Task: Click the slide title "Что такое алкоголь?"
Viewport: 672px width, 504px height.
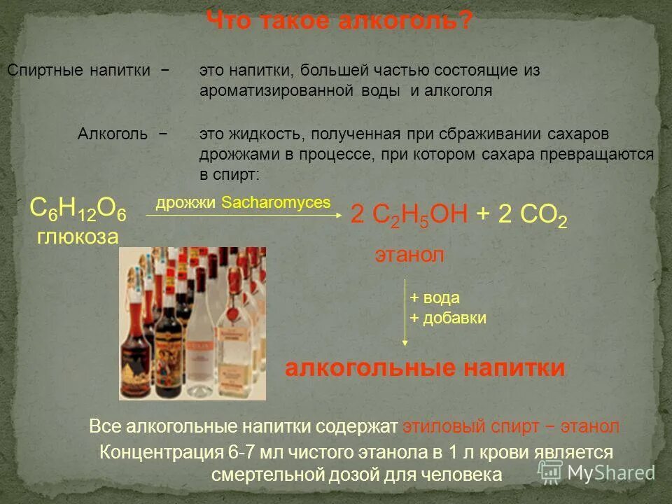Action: (339, 22)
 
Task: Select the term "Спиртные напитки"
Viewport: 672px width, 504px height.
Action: (78, 71)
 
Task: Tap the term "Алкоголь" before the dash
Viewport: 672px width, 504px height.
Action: (112, 134)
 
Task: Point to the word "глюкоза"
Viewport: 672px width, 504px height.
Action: (78, 237)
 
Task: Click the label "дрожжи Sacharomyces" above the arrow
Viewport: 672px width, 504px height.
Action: (242, 202)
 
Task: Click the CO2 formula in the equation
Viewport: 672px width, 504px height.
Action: (533, 216)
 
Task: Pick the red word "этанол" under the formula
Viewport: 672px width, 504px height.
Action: (409, 255)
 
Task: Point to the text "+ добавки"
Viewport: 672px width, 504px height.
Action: (447, 318)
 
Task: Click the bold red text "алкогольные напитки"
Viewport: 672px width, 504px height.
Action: (425, 368)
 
